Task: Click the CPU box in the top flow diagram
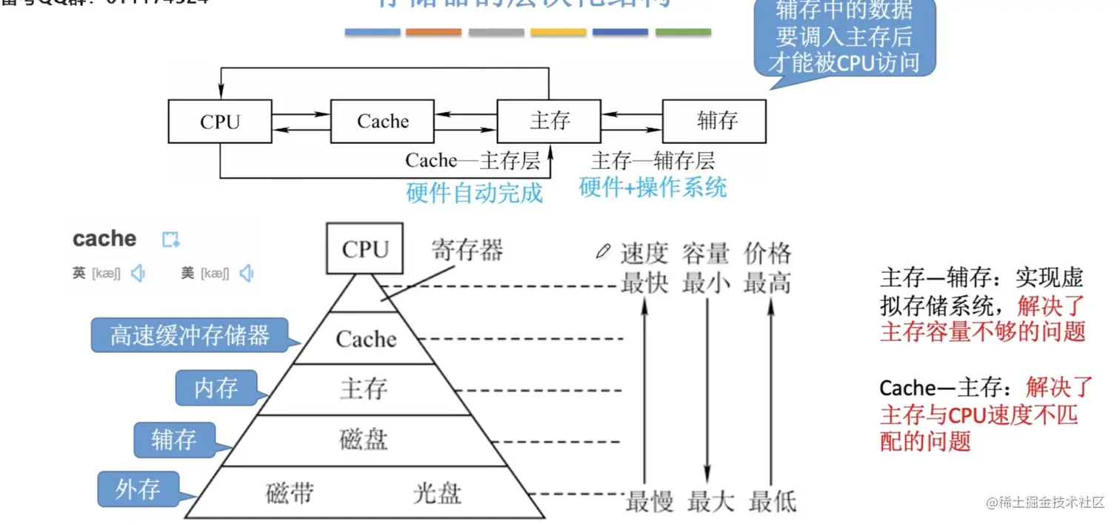(220, 122)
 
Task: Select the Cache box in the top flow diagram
(382, 122)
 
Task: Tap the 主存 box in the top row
(549, 122)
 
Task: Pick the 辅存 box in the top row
(714, 122)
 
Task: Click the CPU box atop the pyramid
(365, 249)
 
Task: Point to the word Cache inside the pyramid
(366, 340)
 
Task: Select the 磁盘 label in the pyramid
(364, 440)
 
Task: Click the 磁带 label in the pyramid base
(290, 494)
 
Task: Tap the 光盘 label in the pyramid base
(437, 494)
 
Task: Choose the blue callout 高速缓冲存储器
(190, 336)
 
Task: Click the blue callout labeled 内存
(216, 389)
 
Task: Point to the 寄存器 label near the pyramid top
(467, 251)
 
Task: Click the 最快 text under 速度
(644, 283)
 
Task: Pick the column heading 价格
(767, 254)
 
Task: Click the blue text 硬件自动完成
(474, 194)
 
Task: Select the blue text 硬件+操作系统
(653, 188)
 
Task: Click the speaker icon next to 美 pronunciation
(247, 274)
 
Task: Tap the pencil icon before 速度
(604, 252)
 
